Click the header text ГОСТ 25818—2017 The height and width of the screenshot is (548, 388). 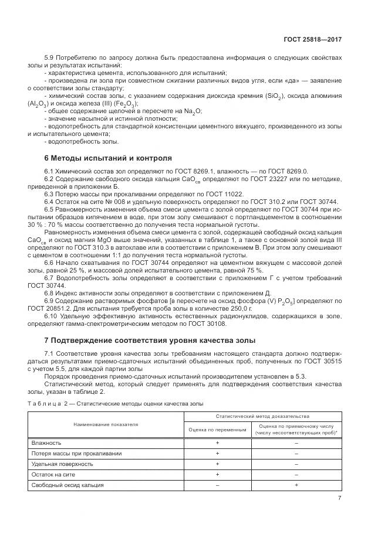pyautogui.click(x=312, y=40)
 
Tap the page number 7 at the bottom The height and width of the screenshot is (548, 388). pyautogui.click(x=339, y=498)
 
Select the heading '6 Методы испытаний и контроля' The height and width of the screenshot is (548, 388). pyautogui.click(x=108, y=158)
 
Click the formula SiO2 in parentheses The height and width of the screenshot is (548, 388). pyautogui.click(x=281, y=95)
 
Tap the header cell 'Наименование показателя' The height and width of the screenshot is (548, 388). pyautogui.click(x=106, y=423)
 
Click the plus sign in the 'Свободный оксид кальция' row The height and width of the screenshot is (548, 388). pyautogui.click(x=296, y=485)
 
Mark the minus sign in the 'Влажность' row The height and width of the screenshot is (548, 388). pyautogui.click(x=296, y=443)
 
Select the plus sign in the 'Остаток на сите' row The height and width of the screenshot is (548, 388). pyautogui.click(x=217, y=474)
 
